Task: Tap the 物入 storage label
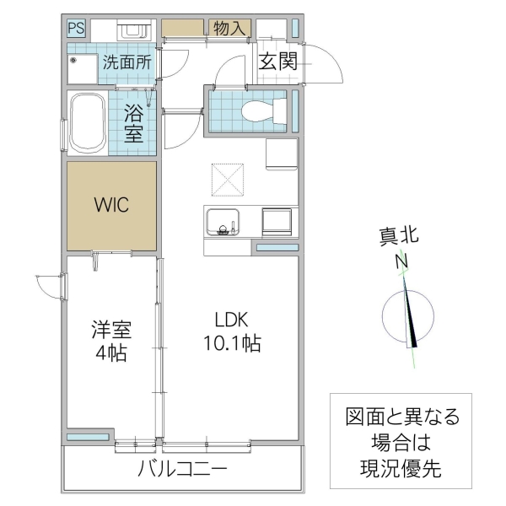(229, 28)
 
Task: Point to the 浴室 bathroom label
(134, 122)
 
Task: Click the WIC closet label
(111, 205)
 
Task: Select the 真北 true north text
(398, 239)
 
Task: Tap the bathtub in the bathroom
(86, 123)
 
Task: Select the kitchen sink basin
(222, 222)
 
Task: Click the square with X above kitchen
(227, 178)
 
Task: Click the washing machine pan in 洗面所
(82, 69)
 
